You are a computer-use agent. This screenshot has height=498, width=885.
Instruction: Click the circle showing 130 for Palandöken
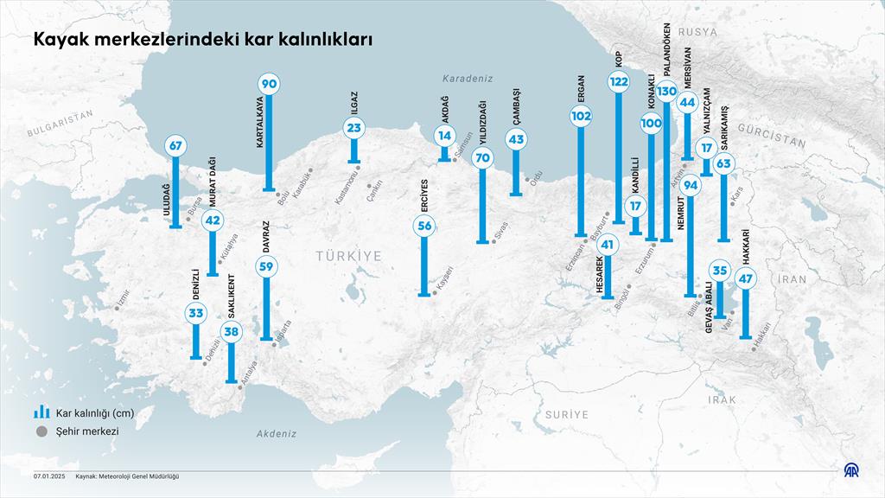666,91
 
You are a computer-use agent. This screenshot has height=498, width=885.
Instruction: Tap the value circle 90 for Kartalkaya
269,84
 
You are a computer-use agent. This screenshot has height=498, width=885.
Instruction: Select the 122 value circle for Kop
619,82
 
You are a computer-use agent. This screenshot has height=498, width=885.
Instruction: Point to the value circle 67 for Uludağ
176,145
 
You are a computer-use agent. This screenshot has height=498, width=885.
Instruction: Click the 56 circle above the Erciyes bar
424,227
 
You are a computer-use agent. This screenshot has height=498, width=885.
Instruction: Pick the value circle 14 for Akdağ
444,136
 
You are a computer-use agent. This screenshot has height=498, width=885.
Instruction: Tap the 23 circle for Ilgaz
353,128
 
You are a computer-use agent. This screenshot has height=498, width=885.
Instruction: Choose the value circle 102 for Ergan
581,116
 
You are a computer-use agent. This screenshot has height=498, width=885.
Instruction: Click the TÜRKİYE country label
348,256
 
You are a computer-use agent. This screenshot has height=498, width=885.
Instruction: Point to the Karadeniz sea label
467,78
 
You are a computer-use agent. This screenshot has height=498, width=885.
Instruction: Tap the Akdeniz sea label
277,434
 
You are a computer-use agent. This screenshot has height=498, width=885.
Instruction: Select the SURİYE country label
566,415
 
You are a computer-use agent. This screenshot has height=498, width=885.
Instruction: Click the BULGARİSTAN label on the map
59,125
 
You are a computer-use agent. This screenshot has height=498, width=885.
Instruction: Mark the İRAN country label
792,279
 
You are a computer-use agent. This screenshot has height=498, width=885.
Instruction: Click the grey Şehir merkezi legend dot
40,431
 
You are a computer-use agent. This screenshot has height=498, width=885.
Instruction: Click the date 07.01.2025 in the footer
49,476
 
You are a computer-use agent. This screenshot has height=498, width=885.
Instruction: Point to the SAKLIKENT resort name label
231,297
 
